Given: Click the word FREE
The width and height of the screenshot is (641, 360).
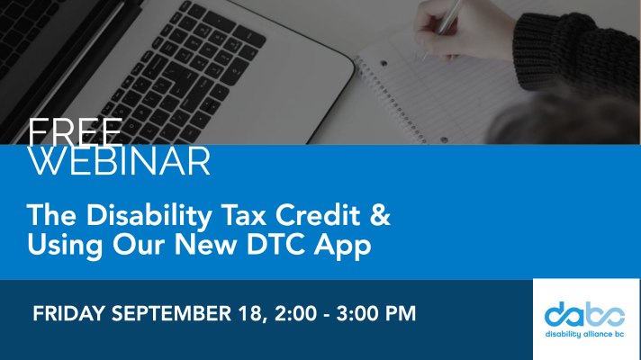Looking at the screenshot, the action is coord(76,131).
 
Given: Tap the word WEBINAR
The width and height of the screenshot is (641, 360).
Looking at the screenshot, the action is coord(119,161).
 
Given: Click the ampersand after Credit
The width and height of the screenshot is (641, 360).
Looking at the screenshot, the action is coord(380,214).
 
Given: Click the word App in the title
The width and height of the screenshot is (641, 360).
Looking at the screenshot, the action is coord(343,247).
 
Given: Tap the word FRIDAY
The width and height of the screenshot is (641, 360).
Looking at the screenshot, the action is coord(68,313).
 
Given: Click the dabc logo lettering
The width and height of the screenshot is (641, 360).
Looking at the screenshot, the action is coord(584,314).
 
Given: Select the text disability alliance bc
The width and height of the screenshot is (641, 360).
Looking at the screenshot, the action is coord(584,334).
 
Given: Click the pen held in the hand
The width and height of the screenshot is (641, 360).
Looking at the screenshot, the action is coord(444,24).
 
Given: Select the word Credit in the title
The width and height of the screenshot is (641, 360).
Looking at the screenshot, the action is coord(318,214).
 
